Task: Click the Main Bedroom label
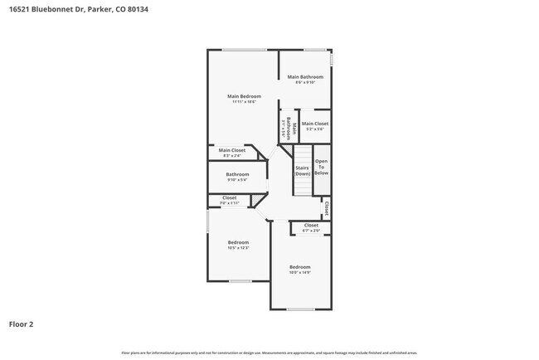point(241,96)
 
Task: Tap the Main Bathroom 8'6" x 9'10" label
point(305,77)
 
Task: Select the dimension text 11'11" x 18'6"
point(241,102)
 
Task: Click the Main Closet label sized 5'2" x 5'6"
point(314,124)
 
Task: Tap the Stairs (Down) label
point(302,170)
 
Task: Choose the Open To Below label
point(321,167)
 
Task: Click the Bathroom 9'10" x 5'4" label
point(237,174)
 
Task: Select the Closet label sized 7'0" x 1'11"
point(230,197)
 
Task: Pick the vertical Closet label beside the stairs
point(327,207)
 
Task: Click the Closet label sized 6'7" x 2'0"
point(311,226)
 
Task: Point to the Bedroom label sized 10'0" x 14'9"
point(299,266)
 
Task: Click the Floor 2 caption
point(21,324)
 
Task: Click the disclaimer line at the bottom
point(269,353)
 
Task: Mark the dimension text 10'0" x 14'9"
point(299,272)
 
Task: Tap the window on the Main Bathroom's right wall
point(331,61)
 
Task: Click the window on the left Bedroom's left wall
point(207,222)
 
